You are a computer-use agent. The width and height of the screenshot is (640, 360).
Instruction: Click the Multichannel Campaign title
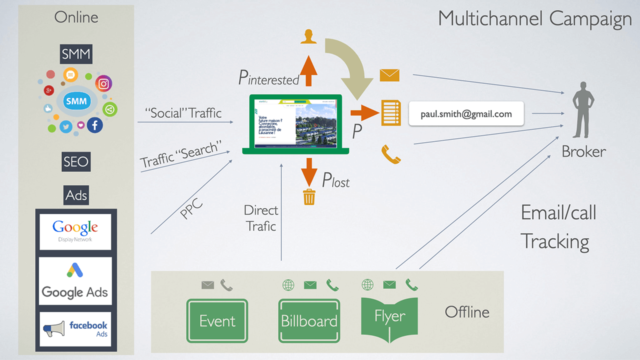[x=529, y=19]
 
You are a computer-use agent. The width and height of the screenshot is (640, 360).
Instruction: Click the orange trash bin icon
[x=309, y=196]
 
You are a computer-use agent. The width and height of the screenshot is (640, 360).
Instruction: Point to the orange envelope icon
[x=390, y=74]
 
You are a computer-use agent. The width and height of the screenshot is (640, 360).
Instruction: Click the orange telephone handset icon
[x=390, y=154]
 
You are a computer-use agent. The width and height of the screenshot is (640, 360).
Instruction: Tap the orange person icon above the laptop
[x=309, y=38]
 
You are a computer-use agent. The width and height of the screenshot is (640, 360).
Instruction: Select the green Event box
[x=217, y=320]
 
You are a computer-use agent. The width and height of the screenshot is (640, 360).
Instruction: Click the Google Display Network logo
[x=76, y=231]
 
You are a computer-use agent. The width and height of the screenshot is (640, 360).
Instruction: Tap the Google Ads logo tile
[x=76, y=282]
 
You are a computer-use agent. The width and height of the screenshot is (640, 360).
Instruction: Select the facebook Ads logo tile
[x=76, y=327]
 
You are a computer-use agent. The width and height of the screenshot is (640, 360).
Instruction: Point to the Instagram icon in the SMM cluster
[x=104, y=83]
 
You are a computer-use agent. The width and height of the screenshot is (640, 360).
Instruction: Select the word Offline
[x=467, y=312]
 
